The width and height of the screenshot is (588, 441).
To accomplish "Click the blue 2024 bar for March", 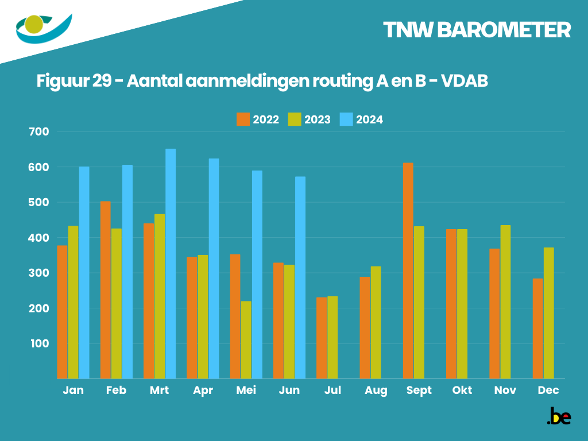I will [x=171, y=264].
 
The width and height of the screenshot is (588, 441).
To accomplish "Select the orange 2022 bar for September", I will [x=408, y=270].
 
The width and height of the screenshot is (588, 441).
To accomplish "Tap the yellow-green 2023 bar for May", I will [x=246, y=339].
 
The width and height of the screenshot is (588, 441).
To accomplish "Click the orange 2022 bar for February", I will [x=106, y=290].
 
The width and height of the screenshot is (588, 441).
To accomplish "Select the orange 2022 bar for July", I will [x=322, y=338].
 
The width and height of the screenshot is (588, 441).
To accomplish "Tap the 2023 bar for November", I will [x=505, y=301].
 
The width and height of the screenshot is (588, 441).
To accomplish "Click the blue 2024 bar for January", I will [x=84, y=273].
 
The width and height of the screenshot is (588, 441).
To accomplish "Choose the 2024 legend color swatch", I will [x=346, y=119].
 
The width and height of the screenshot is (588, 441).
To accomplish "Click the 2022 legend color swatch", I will [x=243, y=119].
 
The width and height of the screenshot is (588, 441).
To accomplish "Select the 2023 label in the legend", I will [x=317, y=119].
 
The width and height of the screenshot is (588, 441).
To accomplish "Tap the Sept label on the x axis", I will [x=419, y=390].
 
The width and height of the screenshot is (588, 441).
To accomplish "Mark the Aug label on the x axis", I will [x=376, y=390].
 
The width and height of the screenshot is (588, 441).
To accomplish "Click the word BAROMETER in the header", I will [x=503, y=30].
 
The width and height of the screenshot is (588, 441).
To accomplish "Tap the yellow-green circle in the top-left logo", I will [x=34, y=24].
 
